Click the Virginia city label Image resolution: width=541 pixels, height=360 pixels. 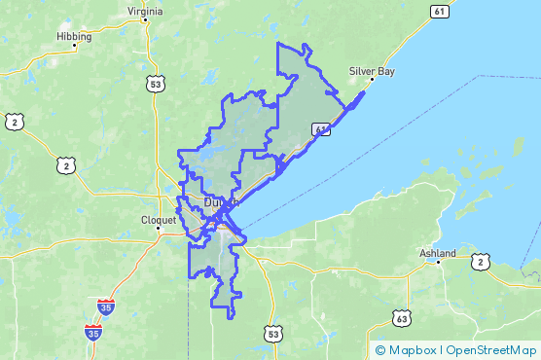(x=144, y=12)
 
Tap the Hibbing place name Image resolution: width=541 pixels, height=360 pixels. (x=74, y=37)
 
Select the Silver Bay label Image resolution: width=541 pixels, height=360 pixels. (x=372, y=71)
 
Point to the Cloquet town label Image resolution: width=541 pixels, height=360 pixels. (x=159, y=219)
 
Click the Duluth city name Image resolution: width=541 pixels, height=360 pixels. (x=221, y=202)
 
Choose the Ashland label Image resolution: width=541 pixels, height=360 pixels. (x=437, y=251)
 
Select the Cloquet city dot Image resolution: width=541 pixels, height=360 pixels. (x=159, y=228)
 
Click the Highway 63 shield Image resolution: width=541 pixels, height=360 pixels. (x=403, y=317)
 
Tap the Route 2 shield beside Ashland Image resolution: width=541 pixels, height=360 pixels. (x=480, y=262)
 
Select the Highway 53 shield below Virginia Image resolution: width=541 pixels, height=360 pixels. (x=155, y=86)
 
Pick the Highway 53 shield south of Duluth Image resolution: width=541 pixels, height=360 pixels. (x=272, y=334)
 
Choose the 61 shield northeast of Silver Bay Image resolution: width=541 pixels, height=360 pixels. (x=441, y=11)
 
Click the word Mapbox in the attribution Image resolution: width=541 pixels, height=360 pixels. (x=412, y=350)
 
